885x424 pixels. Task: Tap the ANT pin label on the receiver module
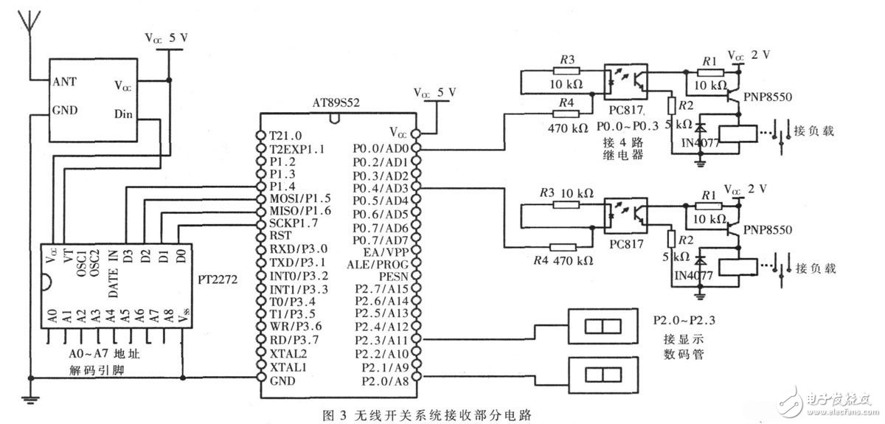[63, 81]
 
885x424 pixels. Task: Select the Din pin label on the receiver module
[124, 114]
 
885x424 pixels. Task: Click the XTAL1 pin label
[288, 366]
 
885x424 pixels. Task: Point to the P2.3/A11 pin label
[383, 340]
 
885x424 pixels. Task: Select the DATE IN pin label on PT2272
[113, 273]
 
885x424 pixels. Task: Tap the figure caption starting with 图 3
[426, 413]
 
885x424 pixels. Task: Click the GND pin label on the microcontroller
[283, 380]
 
